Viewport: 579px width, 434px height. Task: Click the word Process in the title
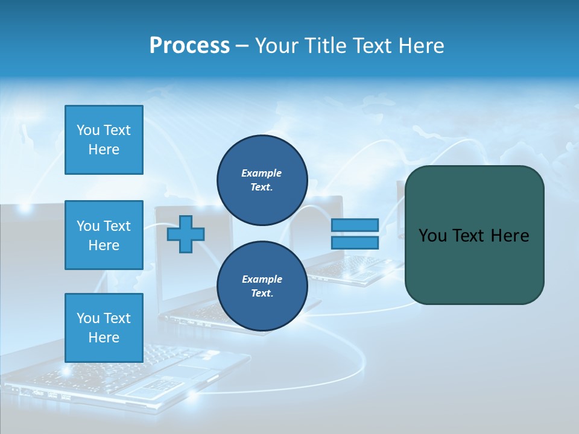tap(189, 45)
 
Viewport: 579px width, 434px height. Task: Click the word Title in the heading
tap(324, 45)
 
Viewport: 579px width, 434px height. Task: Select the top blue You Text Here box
tap(104, 140)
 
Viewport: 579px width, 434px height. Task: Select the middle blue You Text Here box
tap(104, 235)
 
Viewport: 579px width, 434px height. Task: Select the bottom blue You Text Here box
tap(104, 328)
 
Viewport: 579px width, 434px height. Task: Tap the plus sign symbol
tap(186, 234)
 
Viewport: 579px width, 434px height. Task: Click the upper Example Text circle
tap(262, 180)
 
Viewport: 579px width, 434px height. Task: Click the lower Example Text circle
tap(262, 286)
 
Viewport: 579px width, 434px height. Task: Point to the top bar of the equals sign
tap(355, 225)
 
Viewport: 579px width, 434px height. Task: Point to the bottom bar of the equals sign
tap(355, 242)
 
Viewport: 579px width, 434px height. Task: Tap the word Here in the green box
tap(510, 235)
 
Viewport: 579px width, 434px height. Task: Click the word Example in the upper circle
tap(262, 173)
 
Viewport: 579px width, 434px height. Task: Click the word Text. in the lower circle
tap(262, 294)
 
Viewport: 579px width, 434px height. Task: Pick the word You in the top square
tap(88, 130)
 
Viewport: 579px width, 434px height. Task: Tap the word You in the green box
tap(432, 235)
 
